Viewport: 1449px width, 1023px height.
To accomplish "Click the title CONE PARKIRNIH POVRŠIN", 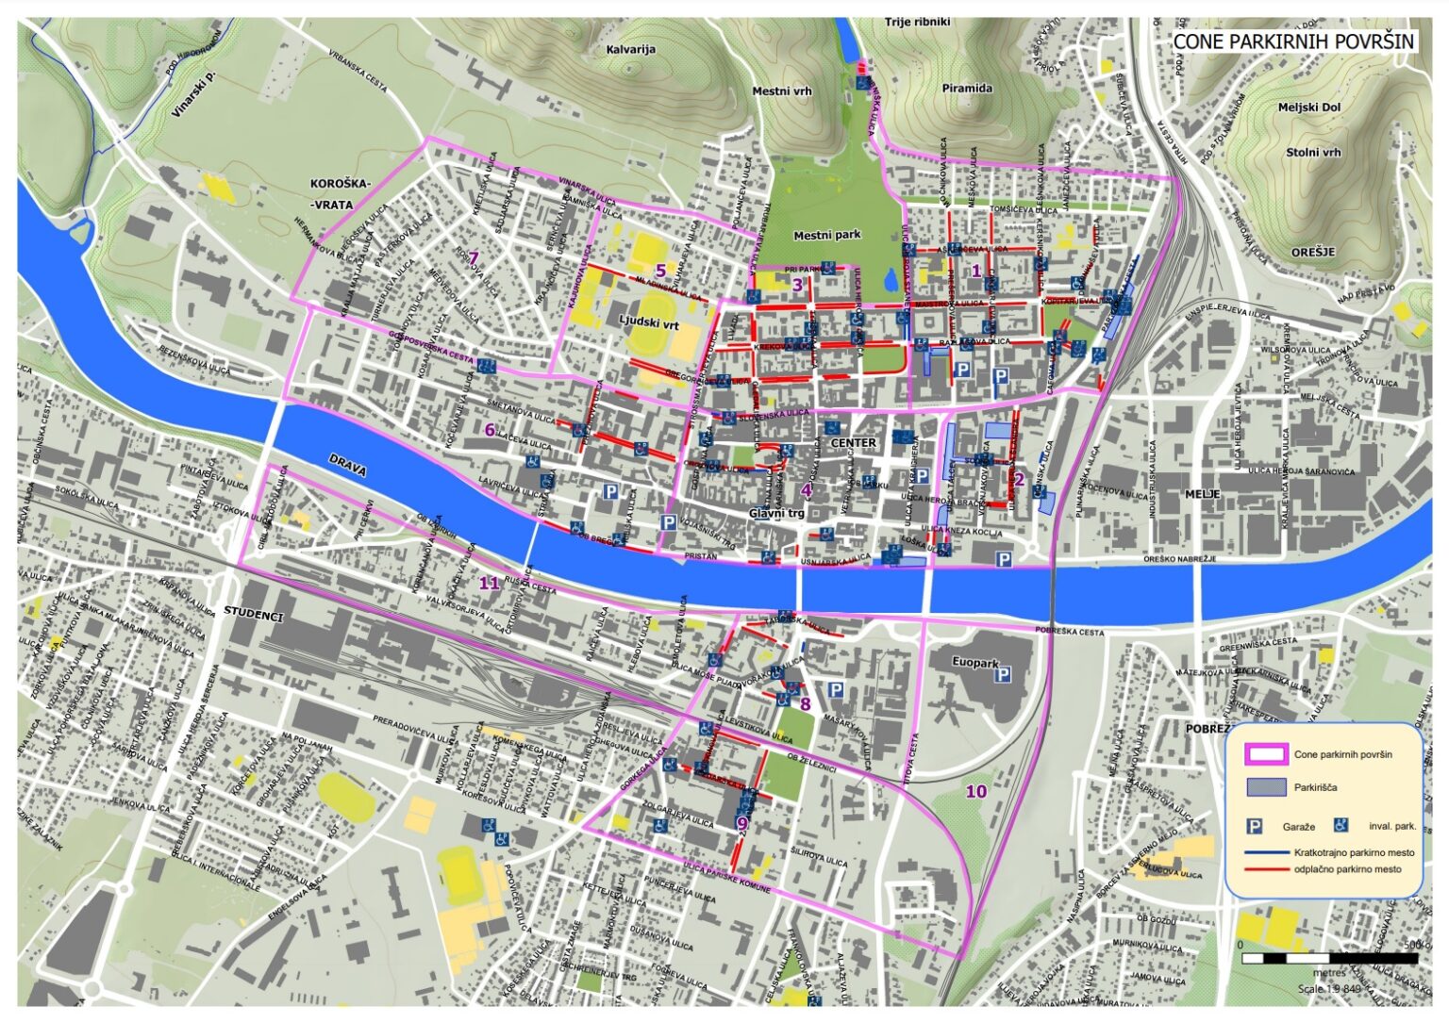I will pyautogui.click(x=1293, y=41).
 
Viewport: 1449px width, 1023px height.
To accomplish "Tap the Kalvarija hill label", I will pyautogui.click(x=630, y=49).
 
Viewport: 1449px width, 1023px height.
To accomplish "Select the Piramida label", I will pyautogui.click(x=967, y=88).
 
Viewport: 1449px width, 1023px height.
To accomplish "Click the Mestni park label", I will pyautogui.click(x=826, y=236).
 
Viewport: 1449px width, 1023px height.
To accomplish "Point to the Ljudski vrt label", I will pyautogui.click(x=648, y=322).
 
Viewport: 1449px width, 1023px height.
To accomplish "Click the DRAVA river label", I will pyautogui.click(x=345, y=463).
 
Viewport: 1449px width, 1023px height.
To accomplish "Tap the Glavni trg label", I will pyautogui.click(x=776, y=513).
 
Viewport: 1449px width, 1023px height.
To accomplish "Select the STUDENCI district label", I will pyautogui.click(x=253, y=615).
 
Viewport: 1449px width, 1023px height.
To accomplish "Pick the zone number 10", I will pyautogui.click(x=975, y=791).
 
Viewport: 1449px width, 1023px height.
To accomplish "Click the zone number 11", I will pyautogui.click(x=489, y=583).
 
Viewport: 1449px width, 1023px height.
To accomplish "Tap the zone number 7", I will pyautogui.click(x=474, y=258).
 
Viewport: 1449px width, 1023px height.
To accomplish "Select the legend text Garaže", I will pyautogui.click(x=1298, y=827).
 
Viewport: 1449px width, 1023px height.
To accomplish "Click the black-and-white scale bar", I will pyautogui.click(x=1329, y=958).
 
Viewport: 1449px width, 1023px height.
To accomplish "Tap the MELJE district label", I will pyautogui.click(x=1202, y=494).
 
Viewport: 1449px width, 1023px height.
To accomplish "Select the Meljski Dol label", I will pyautogui.click(x=1308, y=107).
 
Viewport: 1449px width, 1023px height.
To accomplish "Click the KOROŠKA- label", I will pyautogui.click(x=341, y=184).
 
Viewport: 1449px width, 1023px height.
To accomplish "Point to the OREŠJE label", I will pyautogui.click(x=1313, y=253).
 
